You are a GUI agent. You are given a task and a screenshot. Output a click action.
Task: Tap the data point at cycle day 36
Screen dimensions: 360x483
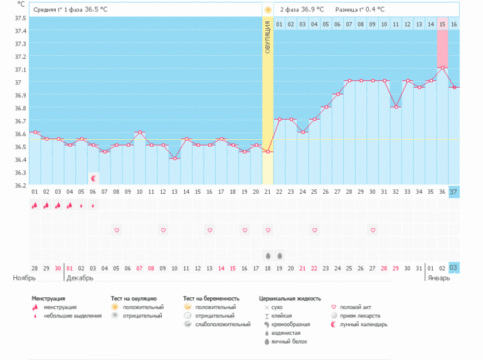click(x=442, y=68)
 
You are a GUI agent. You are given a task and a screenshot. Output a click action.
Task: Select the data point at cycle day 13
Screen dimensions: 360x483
click(x=174, y=158)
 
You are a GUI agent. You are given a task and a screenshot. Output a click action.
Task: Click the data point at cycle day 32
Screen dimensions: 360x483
click(x=396, y=107)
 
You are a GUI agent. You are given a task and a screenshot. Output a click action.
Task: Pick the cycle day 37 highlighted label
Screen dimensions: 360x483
click(x=454, y=191)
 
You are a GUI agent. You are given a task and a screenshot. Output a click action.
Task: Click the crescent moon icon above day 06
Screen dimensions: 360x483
click(x=93, y=179)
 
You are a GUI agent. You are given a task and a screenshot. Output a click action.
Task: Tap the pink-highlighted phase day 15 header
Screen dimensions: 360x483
click(x=442, y=24)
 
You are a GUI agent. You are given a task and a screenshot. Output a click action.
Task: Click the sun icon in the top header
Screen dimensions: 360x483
click(x=268, y=10)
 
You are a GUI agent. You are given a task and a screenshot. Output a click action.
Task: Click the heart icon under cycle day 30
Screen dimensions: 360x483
click(x=373, y=230)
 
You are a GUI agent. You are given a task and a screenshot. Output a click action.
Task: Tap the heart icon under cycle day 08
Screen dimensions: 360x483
click(x=117, y=230)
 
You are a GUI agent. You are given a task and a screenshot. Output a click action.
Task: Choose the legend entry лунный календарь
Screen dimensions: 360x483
click(x=364, y=324)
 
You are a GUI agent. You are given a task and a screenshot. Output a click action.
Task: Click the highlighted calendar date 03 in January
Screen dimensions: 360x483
click(x=454, y=268)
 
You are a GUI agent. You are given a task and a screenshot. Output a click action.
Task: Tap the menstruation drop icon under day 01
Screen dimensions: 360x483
click(x=34, y=205)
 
